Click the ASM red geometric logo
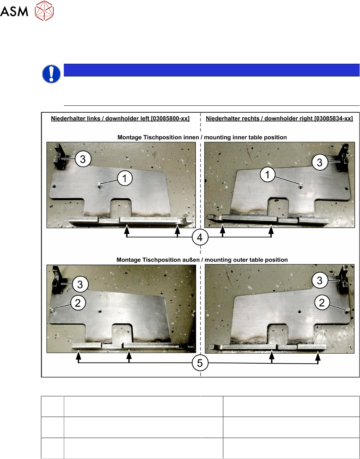point(44,11)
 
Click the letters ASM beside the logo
point(14,11)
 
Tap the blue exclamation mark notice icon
point(51,74)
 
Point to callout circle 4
point(200,237)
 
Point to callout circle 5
point(200,363)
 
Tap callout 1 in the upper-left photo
point(125,178)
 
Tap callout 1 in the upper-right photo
point(268,175)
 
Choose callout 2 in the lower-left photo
point(78,303)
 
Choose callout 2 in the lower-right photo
point(322,302)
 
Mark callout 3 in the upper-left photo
point(83,159)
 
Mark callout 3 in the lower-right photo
point(320,280)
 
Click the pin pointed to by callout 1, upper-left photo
point(99,186)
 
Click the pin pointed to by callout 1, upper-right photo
point(301,186)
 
